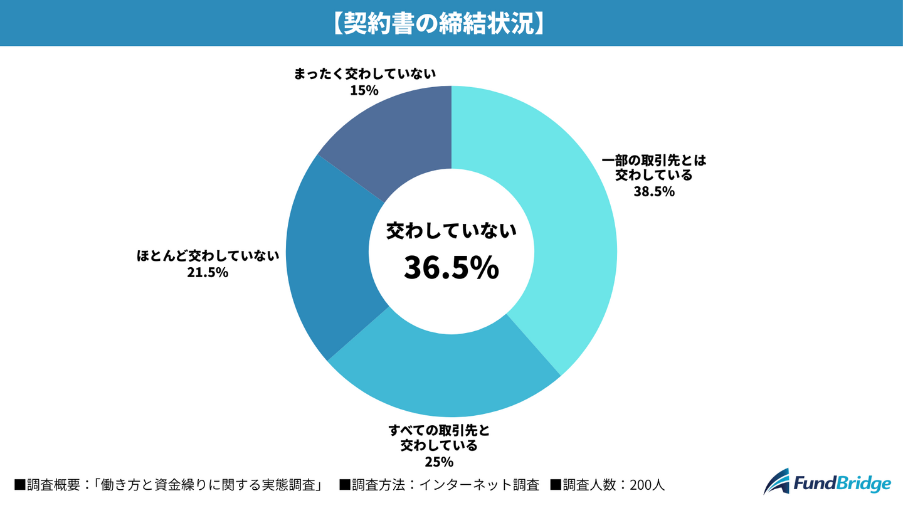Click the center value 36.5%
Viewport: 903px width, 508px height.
coord(451,267)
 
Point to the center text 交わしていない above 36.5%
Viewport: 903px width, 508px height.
coord(451,231)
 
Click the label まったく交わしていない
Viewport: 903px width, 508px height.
coord(364,74)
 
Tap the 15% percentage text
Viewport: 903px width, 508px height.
coord(364,90)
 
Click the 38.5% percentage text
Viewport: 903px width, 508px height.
coord(654,192)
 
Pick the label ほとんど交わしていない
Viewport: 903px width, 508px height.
coord(208,256)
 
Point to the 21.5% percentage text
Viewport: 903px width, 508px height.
coord(208,273)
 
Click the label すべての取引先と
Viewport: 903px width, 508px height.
coord(439,430)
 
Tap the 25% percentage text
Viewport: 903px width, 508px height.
coord(439,463)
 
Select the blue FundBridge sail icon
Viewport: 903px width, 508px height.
coord(777,482)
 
